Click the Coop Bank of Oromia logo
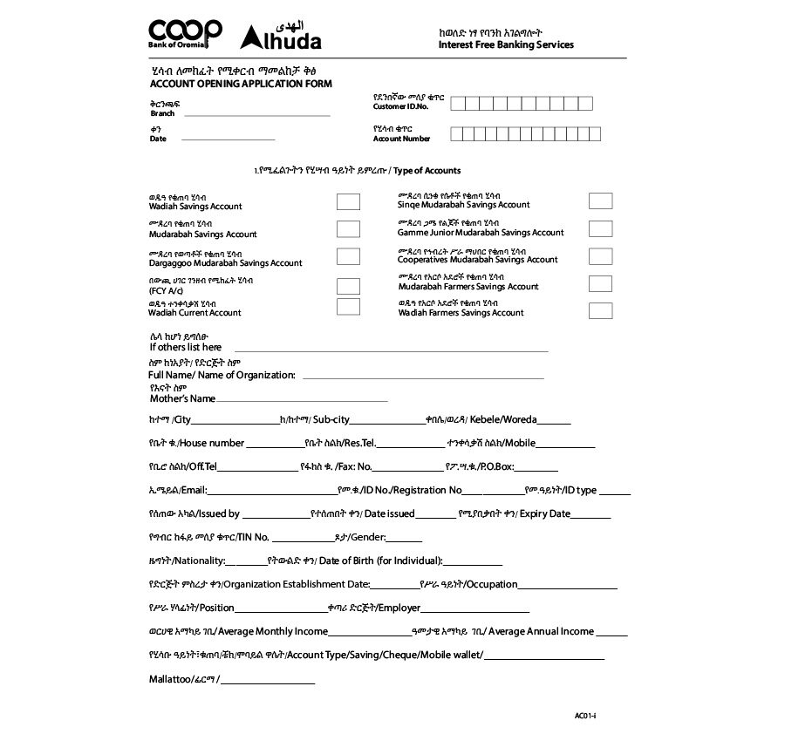click(x=185, y=36)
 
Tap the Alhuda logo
click(x=281, y=37)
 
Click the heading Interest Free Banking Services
click(x=506, y=44)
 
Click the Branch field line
click(x=256, y=114)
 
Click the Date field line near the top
click(x=227, y=139)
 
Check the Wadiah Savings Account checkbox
click(x=348, y=201)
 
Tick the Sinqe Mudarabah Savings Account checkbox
click(x=600, y=200)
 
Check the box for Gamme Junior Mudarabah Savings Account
click(x=600, y=228)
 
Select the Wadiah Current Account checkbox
click(x=348, y=307)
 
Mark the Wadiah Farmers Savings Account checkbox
click(x=600, y=310)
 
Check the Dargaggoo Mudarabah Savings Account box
click(x=348, y=256)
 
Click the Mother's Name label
click(x=182, y=398)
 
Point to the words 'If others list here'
click(x=186, y=347)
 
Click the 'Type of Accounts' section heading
click(x=427, y=171)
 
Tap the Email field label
click(x=176, y=491)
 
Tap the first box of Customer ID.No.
click(x=458, y=105)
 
